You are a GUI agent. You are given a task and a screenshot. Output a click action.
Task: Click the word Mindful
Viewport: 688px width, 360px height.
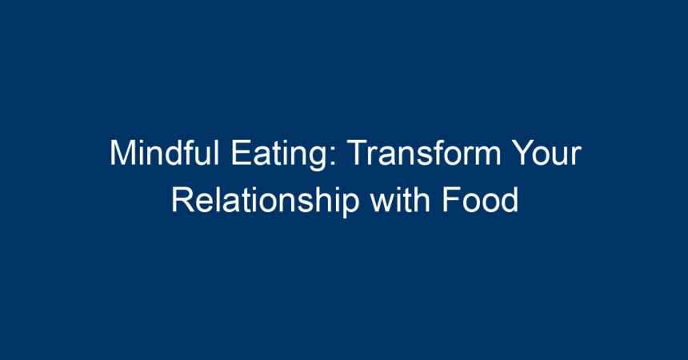click(164, 153)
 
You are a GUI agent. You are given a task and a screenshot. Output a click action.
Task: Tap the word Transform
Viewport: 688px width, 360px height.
click(424, 153)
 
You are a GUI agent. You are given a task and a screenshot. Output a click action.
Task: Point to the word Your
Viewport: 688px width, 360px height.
click(547, 153)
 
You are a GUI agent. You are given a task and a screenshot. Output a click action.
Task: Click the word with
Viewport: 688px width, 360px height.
click(400, 200)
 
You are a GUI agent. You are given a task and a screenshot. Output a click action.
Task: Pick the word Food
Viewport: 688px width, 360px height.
click(480, 200)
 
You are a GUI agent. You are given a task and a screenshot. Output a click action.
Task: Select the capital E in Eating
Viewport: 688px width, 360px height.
click(241, 153)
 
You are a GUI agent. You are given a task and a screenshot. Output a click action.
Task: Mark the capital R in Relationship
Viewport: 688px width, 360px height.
click(182, 200)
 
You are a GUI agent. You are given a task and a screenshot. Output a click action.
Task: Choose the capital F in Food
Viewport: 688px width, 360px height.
click(451, 200)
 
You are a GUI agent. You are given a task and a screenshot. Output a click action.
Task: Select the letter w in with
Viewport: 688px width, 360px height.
click(382, 203)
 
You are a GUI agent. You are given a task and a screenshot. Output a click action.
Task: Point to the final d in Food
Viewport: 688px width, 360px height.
click(510, 200)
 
